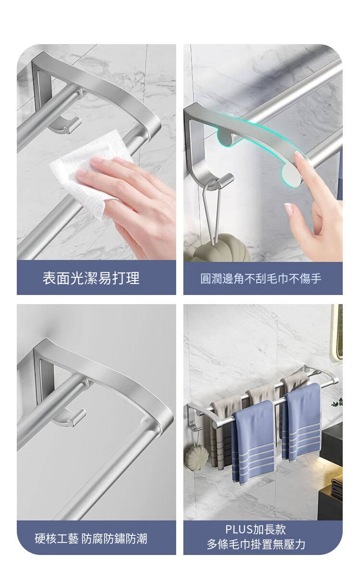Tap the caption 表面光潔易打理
tap(91, 278)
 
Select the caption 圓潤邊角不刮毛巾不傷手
tap(261, 279)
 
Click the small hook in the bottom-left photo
tap(69, 418)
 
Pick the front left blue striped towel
tap(253, 443)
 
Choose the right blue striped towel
tap(301, 423)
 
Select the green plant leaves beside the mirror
tap(337, 402)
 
